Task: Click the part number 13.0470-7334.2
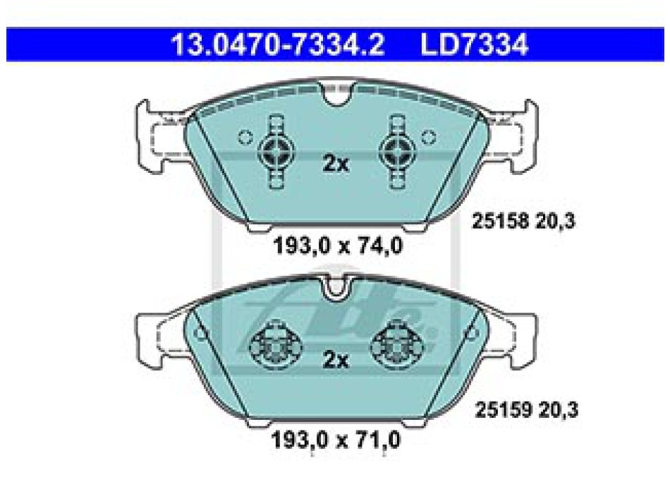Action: [x=278, y=44]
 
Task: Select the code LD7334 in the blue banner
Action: [x=475, y=44]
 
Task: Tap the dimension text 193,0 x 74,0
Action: [x=338, y=246]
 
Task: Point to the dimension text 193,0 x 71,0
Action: [x=336, y=439]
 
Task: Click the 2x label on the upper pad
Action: [x=336, y=164]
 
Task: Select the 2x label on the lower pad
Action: [x=336, y=360]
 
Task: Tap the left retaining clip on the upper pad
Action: [x=276, y=152]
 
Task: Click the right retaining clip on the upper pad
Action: [x=397, y=152]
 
